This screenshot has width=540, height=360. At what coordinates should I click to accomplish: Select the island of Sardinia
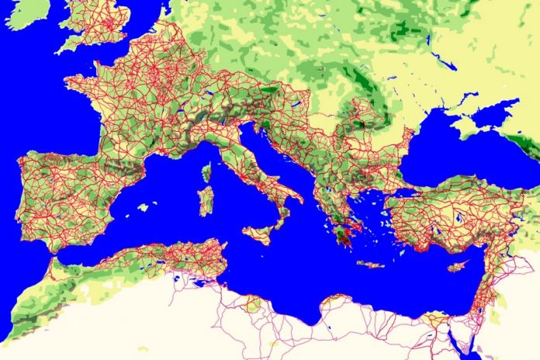point(206,201)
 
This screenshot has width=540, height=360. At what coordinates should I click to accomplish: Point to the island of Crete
point(372,265)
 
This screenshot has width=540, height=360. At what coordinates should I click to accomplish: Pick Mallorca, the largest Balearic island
point(143,208)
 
